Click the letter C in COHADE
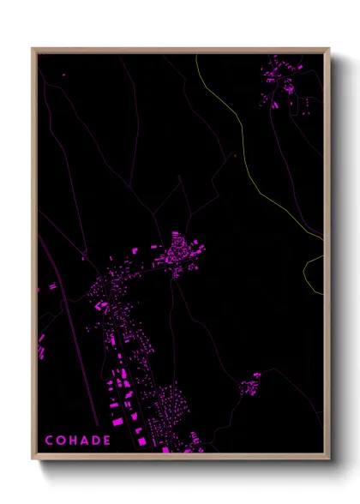(x=49, y=441)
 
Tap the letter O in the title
(x=61, y=441)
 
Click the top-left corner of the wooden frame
(x=33, y=49)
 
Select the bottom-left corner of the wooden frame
(x=33, y=459)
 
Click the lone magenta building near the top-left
(x=63, y=75)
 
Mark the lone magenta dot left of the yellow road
(x=234, y=156)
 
